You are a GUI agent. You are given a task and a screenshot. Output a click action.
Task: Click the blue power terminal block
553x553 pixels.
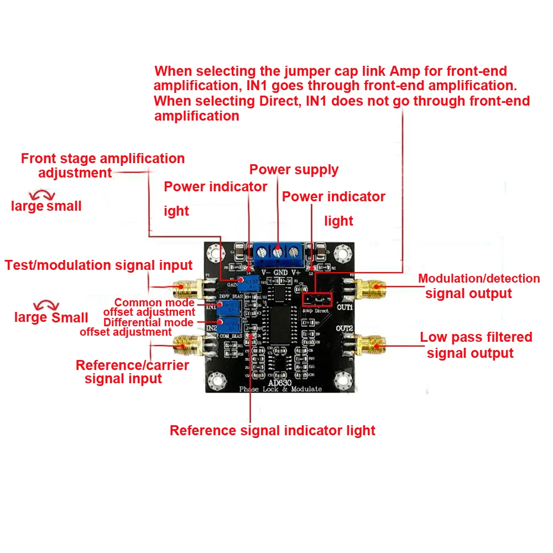(278, 253)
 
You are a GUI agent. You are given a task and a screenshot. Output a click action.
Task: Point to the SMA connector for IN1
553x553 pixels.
(185, 287)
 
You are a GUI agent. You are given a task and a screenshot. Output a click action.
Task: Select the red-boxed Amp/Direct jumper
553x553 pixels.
(317, 299)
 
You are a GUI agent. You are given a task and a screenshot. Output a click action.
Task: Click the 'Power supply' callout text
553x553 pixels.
(294, 170)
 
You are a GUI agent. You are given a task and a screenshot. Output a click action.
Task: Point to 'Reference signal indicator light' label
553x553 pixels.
(272, 431)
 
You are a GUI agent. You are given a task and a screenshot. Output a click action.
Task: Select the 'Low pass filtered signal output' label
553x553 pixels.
(476, 345)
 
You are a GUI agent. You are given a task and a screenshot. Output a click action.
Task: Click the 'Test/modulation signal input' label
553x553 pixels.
(98, 265)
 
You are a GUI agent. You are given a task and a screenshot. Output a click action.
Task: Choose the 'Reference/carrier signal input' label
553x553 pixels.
(132, 372)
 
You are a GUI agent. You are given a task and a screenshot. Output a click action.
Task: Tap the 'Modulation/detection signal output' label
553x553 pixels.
(479, 286)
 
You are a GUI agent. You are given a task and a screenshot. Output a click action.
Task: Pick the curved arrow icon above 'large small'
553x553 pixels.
(43, 194)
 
